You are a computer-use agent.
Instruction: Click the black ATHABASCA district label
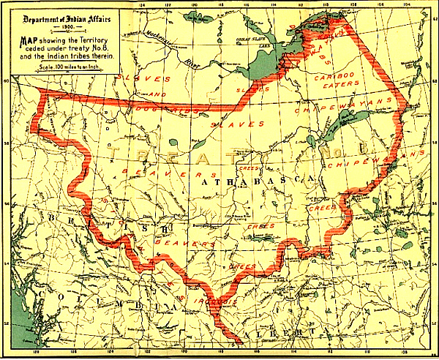(256, 178)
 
